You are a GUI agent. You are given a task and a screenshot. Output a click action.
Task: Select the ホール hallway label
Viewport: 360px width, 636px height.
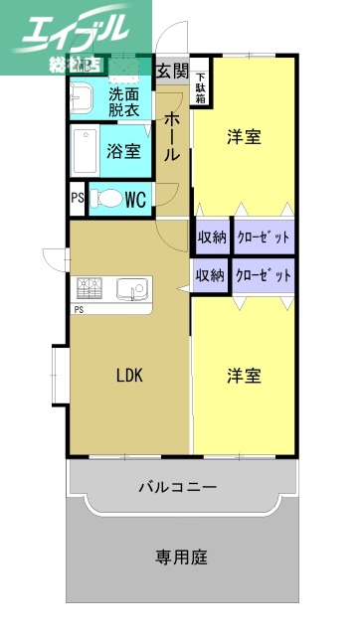click(x=172, y=136)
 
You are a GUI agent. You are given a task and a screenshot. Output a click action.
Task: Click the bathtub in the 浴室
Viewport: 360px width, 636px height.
click(x=87, y=151)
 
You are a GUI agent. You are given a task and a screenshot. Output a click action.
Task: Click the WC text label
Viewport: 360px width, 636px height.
click(x=135, y=199)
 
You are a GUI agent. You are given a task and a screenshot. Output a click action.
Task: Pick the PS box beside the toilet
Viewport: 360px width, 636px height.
click(x=77, y=198)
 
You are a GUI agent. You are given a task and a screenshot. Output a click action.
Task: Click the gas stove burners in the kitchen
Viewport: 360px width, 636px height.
click(x=90, y=289)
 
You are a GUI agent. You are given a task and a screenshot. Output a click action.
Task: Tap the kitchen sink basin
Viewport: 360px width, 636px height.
click(x=130, y=289)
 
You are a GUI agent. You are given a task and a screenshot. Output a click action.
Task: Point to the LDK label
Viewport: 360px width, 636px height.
click(x=129, y=376)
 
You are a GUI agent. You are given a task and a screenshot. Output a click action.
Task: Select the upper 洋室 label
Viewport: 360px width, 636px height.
click(x=244, y=137)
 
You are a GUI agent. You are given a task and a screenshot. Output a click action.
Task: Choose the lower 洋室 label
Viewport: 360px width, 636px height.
click(x=244, y=376)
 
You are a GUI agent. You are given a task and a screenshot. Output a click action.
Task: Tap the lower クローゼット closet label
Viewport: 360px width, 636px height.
click(x=264, y=275)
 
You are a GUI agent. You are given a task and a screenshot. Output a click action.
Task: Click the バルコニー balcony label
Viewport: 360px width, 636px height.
click(x=177, y=487)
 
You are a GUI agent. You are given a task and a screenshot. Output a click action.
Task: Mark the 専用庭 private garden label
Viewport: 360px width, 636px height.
click(x=181, y=557)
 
